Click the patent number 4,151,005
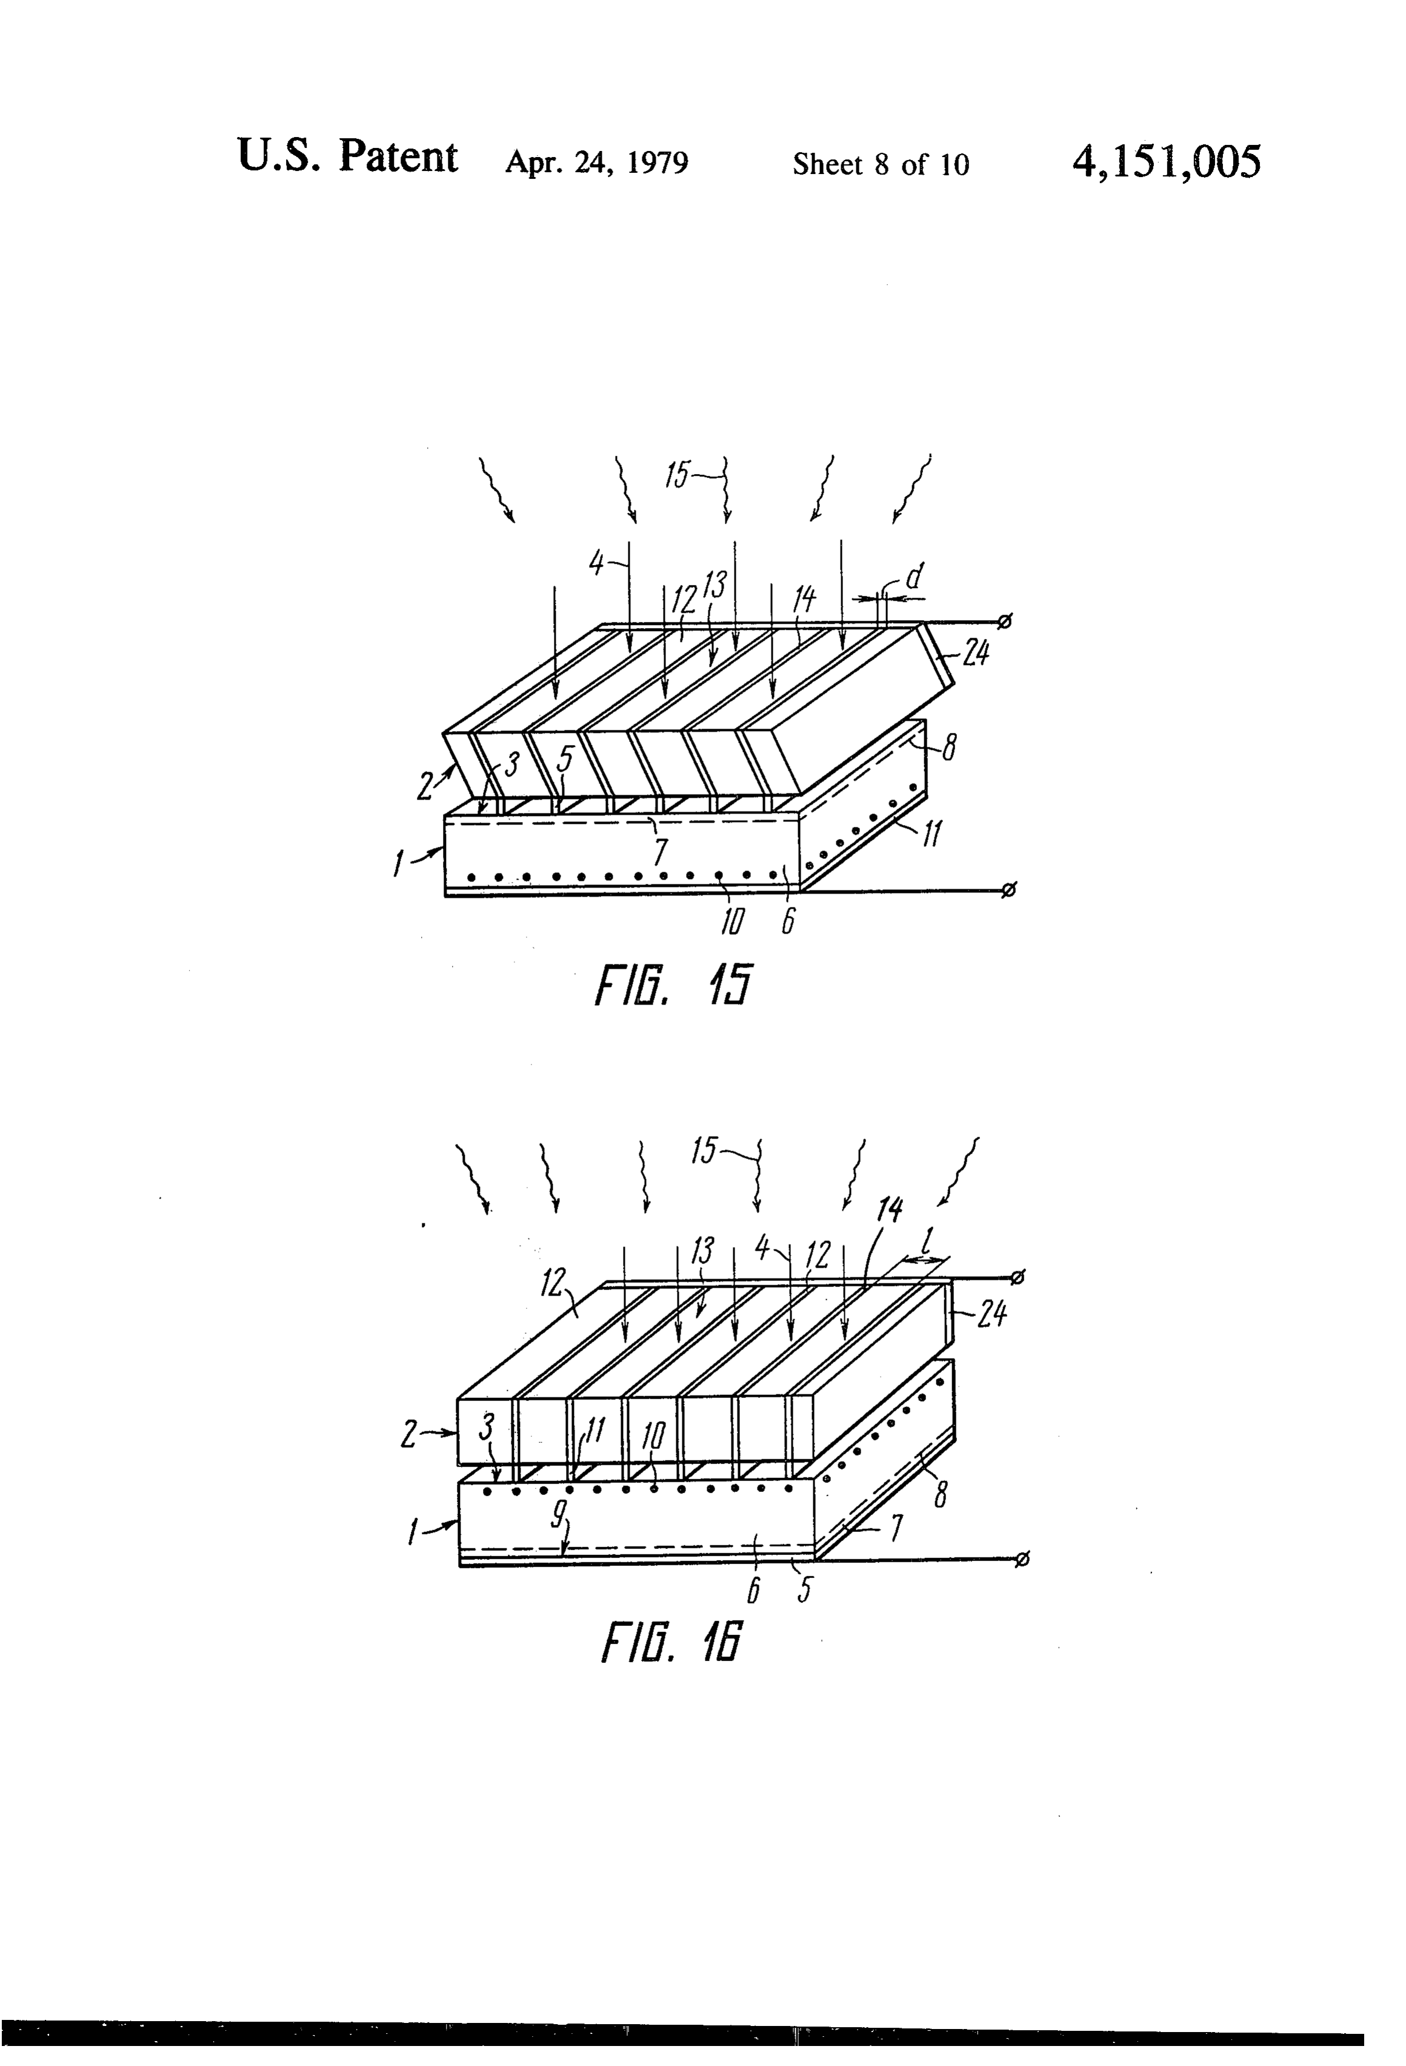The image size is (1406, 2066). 1166,162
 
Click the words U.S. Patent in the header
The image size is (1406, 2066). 347,158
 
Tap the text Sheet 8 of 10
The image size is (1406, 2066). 881,164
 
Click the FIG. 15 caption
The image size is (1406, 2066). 672,985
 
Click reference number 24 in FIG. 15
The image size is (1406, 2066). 975,654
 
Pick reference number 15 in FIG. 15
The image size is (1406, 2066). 677,476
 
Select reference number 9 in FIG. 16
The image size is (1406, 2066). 556,1511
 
